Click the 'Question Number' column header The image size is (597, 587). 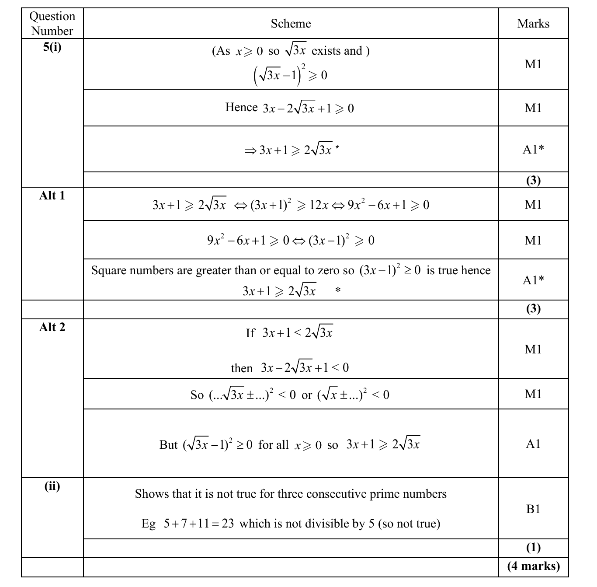52,24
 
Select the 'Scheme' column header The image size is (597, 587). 291,24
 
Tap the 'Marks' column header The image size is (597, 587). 533,24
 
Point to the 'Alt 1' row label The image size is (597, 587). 52,196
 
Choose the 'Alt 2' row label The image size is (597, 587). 52,327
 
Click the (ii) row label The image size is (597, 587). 52,486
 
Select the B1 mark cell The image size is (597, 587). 533,509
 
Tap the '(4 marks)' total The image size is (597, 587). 533,566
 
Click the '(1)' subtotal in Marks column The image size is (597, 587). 533,547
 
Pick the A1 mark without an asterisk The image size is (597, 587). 533,444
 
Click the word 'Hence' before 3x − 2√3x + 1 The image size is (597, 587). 241,107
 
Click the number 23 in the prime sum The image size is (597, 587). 227,524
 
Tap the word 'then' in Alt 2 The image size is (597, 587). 242,368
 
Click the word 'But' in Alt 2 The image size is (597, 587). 168,445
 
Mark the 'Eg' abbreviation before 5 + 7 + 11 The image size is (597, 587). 148,524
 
